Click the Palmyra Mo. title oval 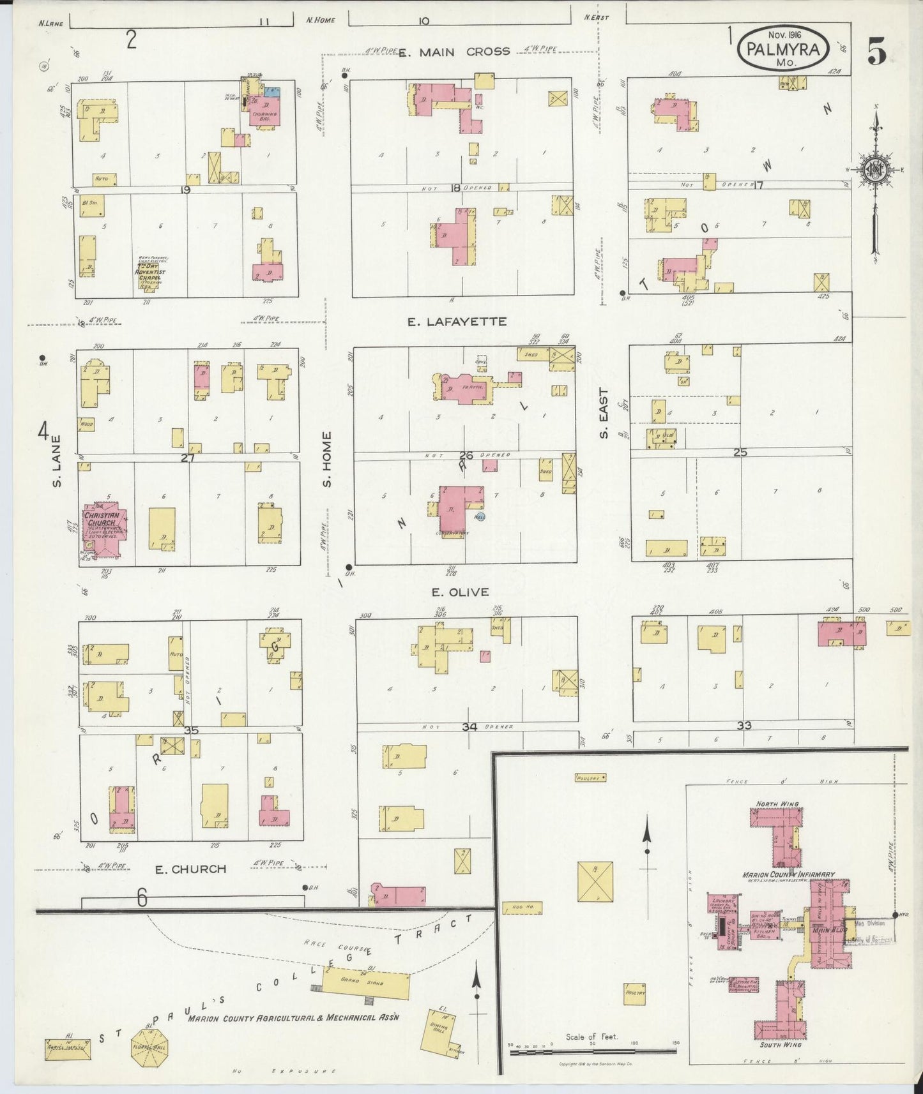point(785,49)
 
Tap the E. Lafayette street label point(457,322)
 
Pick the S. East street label point(603,413)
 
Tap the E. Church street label point(191,869)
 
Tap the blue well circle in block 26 point(480,517)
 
